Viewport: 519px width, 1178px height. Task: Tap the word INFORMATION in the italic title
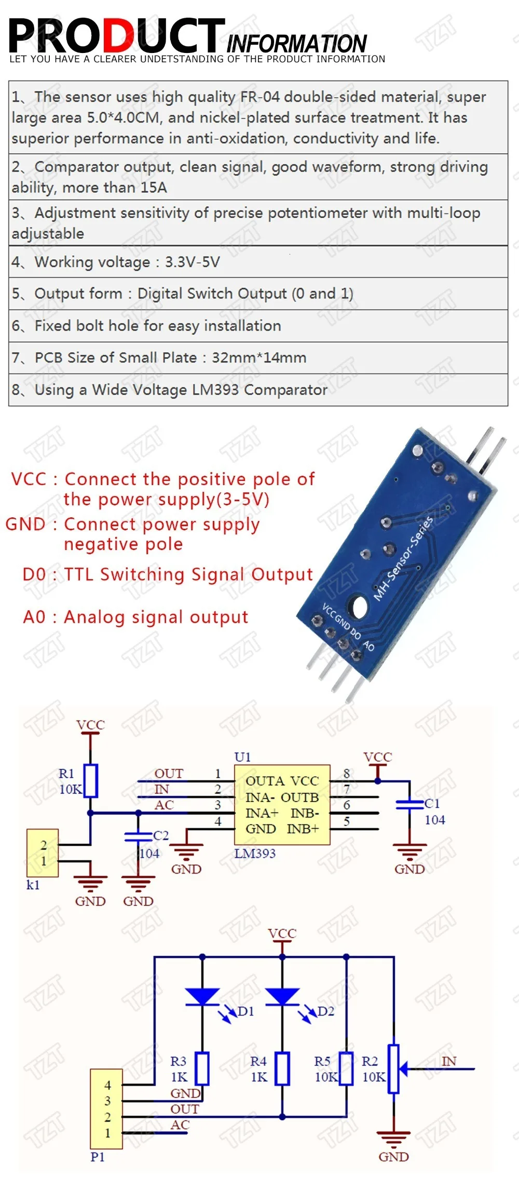(296, 43)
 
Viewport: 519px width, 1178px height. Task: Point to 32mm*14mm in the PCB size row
(259, 357)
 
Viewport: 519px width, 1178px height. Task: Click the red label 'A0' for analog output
(34, 617)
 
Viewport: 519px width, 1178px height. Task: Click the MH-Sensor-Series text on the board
(403, 558)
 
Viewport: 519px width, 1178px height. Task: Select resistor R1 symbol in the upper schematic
(91, 781)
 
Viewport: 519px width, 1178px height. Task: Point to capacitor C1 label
(432, 803)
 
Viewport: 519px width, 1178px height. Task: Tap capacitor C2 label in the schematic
(161, 835)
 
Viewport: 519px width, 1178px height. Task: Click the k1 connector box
(43, 853)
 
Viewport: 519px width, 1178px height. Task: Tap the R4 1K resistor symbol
(282, 1068)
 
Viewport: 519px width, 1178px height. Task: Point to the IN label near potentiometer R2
(449, 1061)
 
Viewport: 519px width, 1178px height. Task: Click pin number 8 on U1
(347, 773)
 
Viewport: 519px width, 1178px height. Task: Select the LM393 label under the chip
(255, 853)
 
